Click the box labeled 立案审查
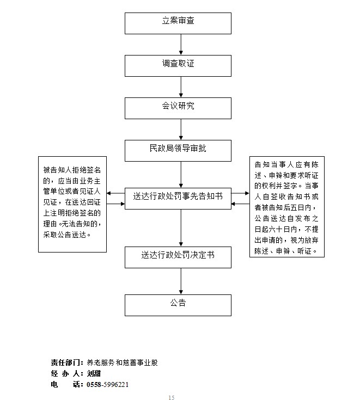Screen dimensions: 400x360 click(x=178, y=22)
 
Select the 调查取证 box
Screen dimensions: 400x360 click(x=178, y=64)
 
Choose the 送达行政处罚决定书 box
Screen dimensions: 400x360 click(x=178, y=256)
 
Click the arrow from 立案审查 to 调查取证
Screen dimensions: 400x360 click(x=180, y=44)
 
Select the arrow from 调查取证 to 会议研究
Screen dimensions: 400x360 click(x=180, y=86)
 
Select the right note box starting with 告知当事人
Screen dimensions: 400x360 click(x=289, y=207)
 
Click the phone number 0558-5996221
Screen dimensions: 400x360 click(x=108, y=384)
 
